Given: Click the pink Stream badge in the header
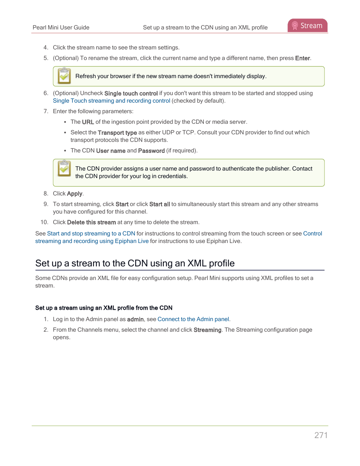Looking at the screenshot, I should tap(307, 26).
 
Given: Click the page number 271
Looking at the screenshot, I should tap(321, 435).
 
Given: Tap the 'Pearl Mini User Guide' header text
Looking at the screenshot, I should tap(61, 28).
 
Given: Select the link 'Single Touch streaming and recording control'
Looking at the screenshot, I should tap(111, 101).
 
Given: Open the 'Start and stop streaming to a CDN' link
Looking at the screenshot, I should tap(91, 234).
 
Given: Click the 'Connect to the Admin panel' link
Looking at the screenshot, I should tap(193, 319).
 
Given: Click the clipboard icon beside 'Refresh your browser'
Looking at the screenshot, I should tap(64, 76).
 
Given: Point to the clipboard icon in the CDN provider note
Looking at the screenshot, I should tap(64, 168).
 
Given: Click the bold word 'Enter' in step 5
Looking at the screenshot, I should tap(302, 58).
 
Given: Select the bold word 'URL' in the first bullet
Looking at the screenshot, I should tap(88, 122).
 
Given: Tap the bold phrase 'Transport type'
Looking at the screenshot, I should tap(117, 132).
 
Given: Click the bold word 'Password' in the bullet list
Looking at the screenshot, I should tap(151, 151).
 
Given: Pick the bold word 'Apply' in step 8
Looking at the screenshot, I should tap(74, 194).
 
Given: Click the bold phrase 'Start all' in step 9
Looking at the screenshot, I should tap(159, 204).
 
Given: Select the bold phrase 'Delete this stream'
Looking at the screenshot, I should tap(91, 222).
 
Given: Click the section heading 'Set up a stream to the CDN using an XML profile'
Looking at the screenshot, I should tap(135, 263).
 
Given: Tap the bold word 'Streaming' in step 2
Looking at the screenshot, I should tap(207, 330).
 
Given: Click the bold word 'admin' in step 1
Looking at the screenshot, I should tap(135, 319).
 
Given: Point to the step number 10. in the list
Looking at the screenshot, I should tap(45, 222).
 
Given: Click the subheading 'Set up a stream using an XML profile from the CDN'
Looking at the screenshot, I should tap(104, 308).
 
